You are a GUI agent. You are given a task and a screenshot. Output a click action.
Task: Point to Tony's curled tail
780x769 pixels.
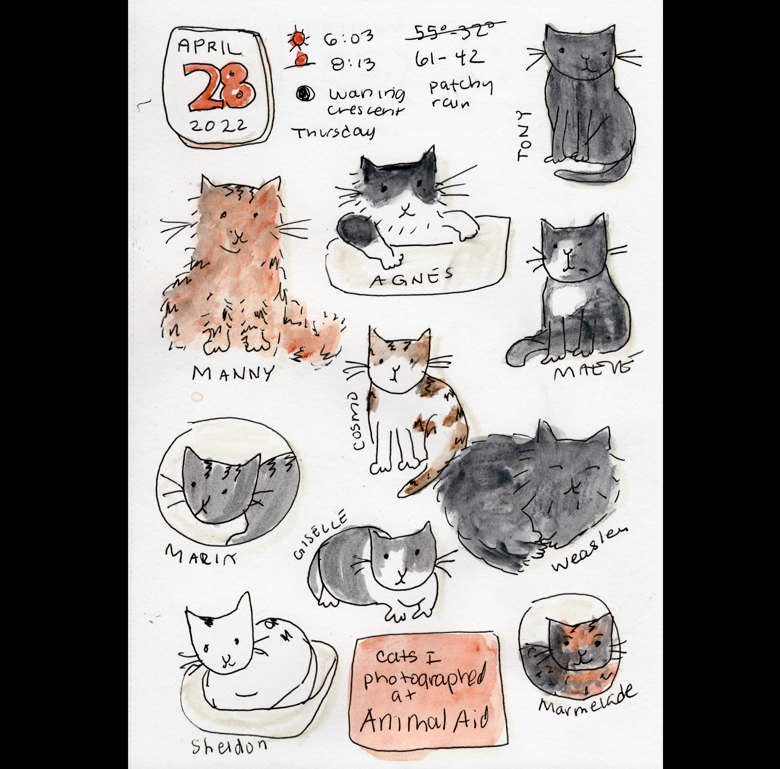pos(589,173)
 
